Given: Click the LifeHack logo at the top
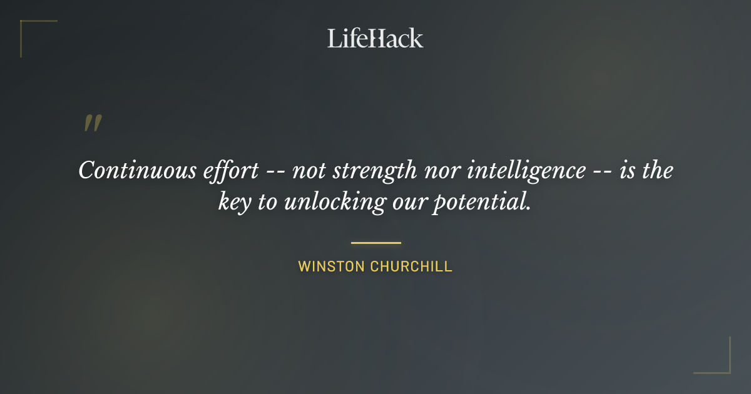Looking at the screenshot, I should coord(375,38).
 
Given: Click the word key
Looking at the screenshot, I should coord(234,203).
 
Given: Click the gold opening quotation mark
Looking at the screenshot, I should coord(92,123).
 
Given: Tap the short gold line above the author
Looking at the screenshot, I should coord(375,243).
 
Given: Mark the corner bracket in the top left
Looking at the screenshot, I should coord(25,25).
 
